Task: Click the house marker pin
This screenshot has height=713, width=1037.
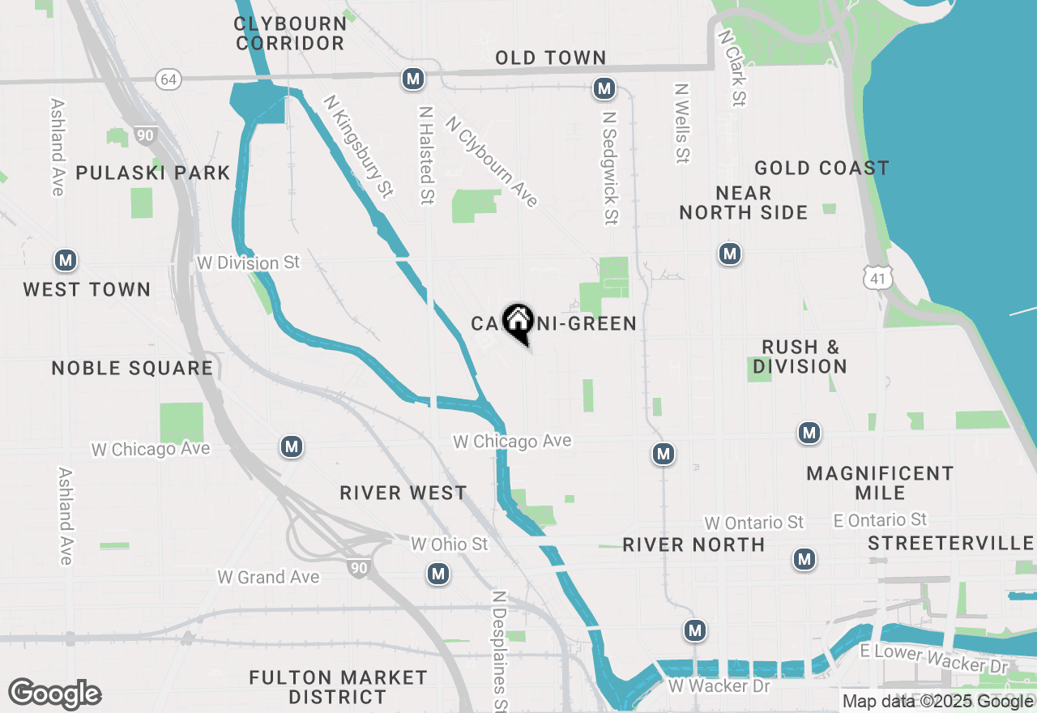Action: coord(518,322)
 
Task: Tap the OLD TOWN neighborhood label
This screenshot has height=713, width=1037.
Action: coord(551,58)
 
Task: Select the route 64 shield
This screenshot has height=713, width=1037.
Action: coord(168,79)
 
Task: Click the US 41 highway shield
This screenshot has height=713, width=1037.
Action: coord(878,278)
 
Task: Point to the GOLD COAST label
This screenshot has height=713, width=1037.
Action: coord(821,169)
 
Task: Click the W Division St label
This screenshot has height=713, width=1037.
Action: coord(248,263)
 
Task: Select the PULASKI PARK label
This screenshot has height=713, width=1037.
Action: coord(153,173)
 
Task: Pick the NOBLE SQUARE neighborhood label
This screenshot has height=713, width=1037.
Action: coord(132,369)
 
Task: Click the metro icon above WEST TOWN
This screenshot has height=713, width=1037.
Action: coord(66,261)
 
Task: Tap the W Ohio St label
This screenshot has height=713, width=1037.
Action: coord(450,544)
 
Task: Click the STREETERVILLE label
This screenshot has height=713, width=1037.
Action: coord(951,544)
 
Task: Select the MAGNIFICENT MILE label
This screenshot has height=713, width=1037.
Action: coord(880,483)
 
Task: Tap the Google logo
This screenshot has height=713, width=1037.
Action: coord(54,694)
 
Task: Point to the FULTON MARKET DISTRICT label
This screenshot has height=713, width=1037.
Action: coord(338,686)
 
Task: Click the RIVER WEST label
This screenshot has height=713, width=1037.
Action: coord(403,493)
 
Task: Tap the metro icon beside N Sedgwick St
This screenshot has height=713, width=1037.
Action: coord(604,88)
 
